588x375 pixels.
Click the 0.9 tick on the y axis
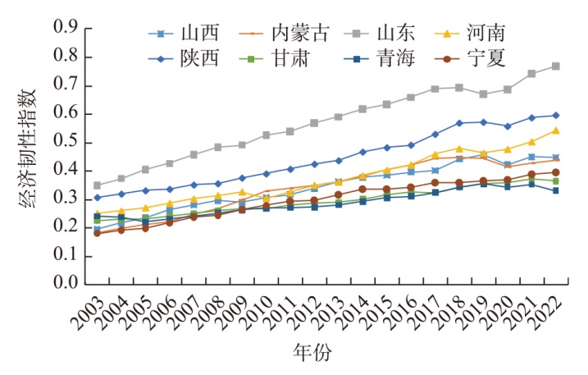[65, 29]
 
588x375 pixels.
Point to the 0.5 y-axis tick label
[65, 142]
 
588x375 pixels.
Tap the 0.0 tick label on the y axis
[65, 283]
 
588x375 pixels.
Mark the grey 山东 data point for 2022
[555, 66]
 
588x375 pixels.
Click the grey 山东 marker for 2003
[98, 185]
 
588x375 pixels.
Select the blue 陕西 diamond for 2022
[555, 116]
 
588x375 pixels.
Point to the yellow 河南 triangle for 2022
[555, 130]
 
